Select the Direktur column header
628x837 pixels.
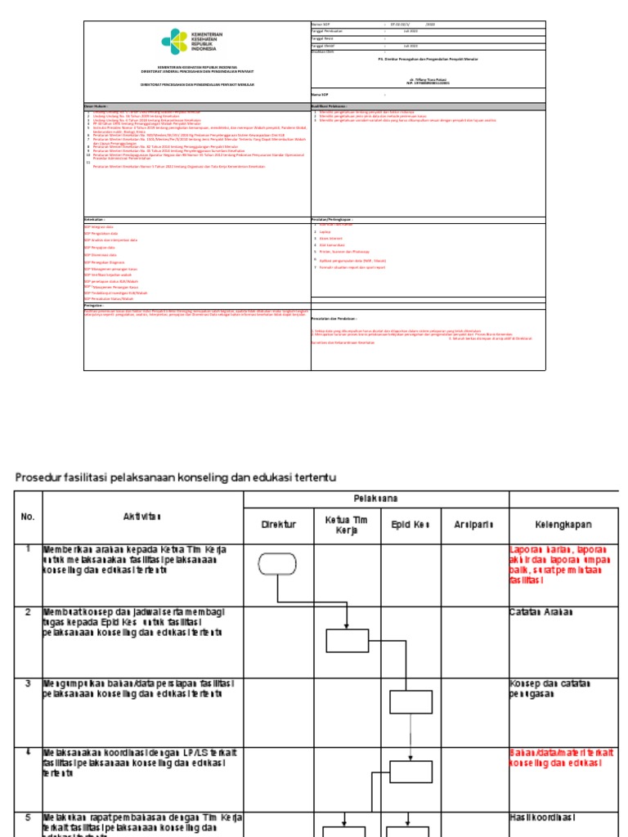coord(278,524)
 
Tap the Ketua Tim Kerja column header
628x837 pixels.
coord(347,524)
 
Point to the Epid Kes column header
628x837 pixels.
coord(410,524)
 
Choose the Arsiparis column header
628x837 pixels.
coord(474,524)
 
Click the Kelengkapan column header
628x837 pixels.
coord(563,524)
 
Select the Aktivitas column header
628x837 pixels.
coord(142,516)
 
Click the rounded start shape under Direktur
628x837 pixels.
coord(278,565)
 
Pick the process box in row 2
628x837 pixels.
coord(348,640)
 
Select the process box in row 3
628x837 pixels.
coord(410,702)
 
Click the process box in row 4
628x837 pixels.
coord(410,772)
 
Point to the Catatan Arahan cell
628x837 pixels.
coord(541,611)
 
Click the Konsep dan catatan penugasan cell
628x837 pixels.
coord(549,688)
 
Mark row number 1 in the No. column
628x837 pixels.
coord(27,549)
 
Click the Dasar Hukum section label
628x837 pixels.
coord(96,106)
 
